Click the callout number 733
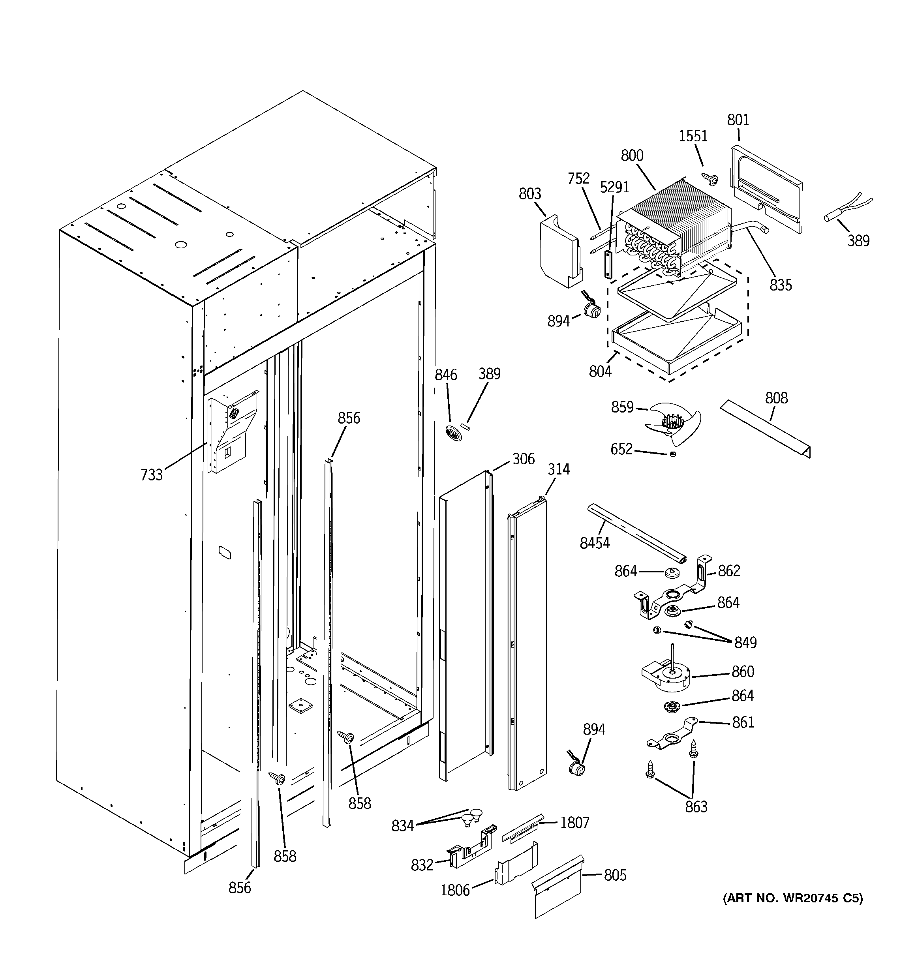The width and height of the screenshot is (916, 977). click(x=152, y=475)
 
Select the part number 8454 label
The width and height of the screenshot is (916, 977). click(x=595, y=543)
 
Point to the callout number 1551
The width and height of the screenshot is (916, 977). click(x=693, y=136)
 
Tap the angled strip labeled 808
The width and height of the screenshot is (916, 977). click(x=764, y=428)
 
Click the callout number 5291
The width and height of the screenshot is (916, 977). click(x=614, y=187)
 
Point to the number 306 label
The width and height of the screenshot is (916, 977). click(x=523, y=459)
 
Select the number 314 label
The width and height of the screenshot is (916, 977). click(x=559, y=469)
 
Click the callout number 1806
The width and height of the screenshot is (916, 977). click(x=455, y=891)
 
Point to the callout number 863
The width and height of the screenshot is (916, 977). click(x=696, y=806)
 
